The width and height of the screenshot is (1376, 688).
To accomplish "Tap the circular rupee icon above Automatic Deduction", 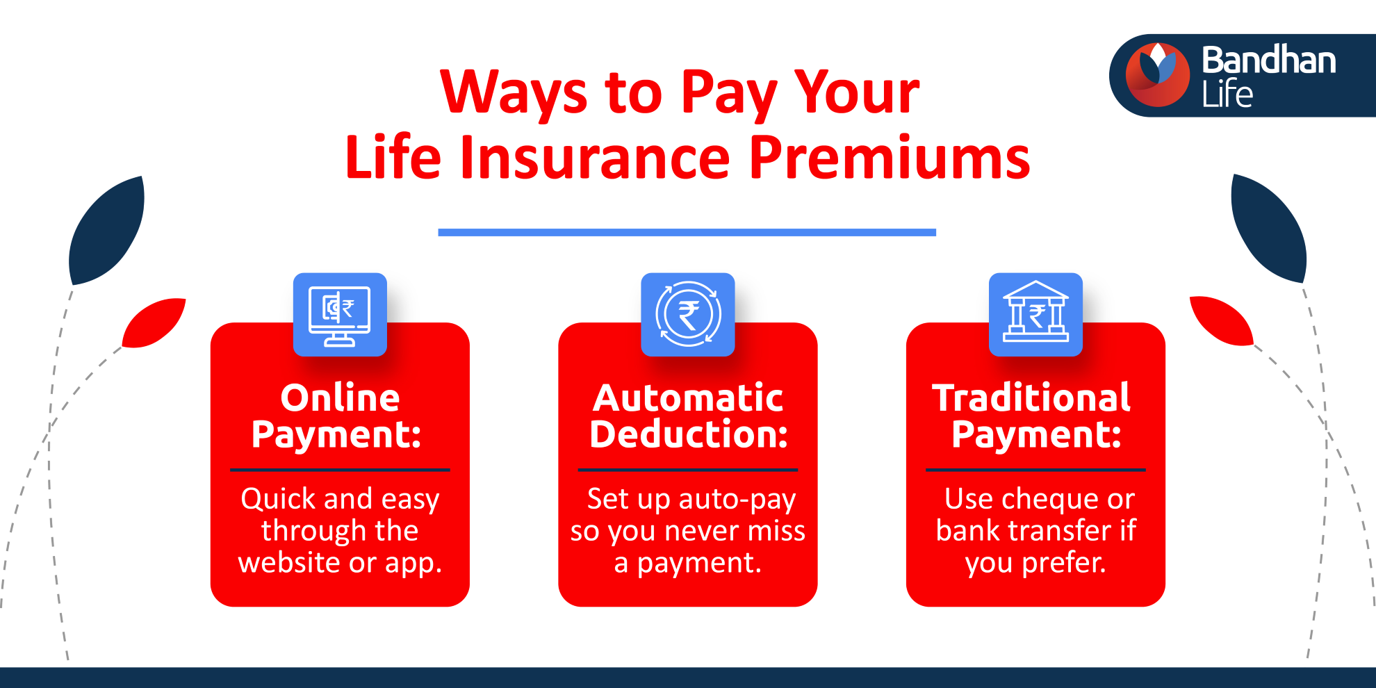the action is pyautogui.click(x=688, y=314).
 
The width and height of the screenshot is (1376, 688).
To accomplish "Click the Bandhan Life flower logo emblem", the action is pyautogui.click(x=1158, y=75).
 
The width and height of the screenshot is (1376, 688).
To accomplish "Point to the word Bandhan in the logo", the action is pyautogui.click(x=1269, y=60).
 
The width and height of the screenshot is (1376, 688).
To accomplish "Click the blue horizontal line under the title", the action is pyautogui.click(x=687, y=232).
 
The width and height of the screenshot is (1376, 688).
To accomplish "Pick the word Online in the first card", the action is pyautogui.click(x=340, y=398).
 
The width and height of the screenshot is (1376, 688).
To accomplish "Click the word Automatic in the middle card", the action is pyautogui.click(x=688, y=398).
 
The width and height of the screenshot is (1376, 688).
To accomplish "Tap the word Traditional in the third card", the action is pyautogui.click(x=1031, y=398).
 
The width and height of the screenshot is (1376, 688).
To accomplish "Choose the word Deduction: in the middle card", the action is pyautogui.click(x=689, y=434).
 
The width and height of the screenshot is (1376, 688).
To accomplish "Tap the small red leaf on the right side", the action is pyautogui.click(x=1221, y=320).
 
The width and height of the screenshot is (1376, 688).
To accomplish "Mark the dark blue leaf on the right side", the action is pyautogui.click(x=1269, y=228).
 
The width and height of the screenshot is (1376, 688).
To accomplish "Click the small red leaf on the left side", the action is pyautogui.click(x=154, y=322).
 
